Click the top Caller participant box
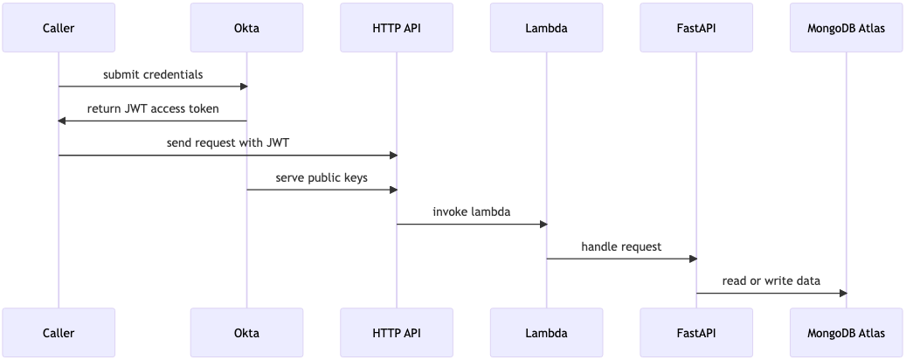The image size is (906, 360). (59, 28)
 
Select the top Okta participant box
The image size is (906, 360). (246, 28)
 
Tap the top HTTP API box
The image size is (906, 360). (397, 28)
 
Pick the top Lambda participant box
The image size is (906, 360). (547, 28)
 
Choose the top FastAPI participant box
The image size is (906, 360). (696, 28)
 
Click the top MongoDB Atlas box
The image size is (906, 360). (847, 28)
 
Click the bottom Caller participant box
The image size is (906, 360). (59, 333)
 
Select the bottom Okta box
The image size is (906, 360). (246, 333)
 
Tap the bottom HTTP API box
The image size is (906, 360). (397, 333)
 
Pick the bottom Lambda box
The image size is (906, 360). (547, 333)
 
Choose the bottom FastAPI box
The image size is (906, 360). (696, 333)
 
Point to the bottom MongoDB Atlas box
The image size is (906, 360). (847, 333)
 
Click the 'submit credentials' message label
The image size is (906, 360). (153, 74)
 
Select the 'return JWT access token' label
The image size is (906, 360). (153, 109)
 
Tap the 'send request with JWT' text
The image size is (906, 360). (227, 143)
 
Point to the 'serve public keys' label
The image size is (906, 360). (322, 177)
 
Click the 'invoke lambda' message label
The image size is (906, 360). (472, 212)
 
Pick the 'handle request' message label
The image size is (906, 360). (621, 246)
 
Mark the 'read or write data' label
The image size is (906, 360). (771, 280)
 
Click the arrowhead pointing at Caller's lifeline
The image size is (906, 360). (63, 121)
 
